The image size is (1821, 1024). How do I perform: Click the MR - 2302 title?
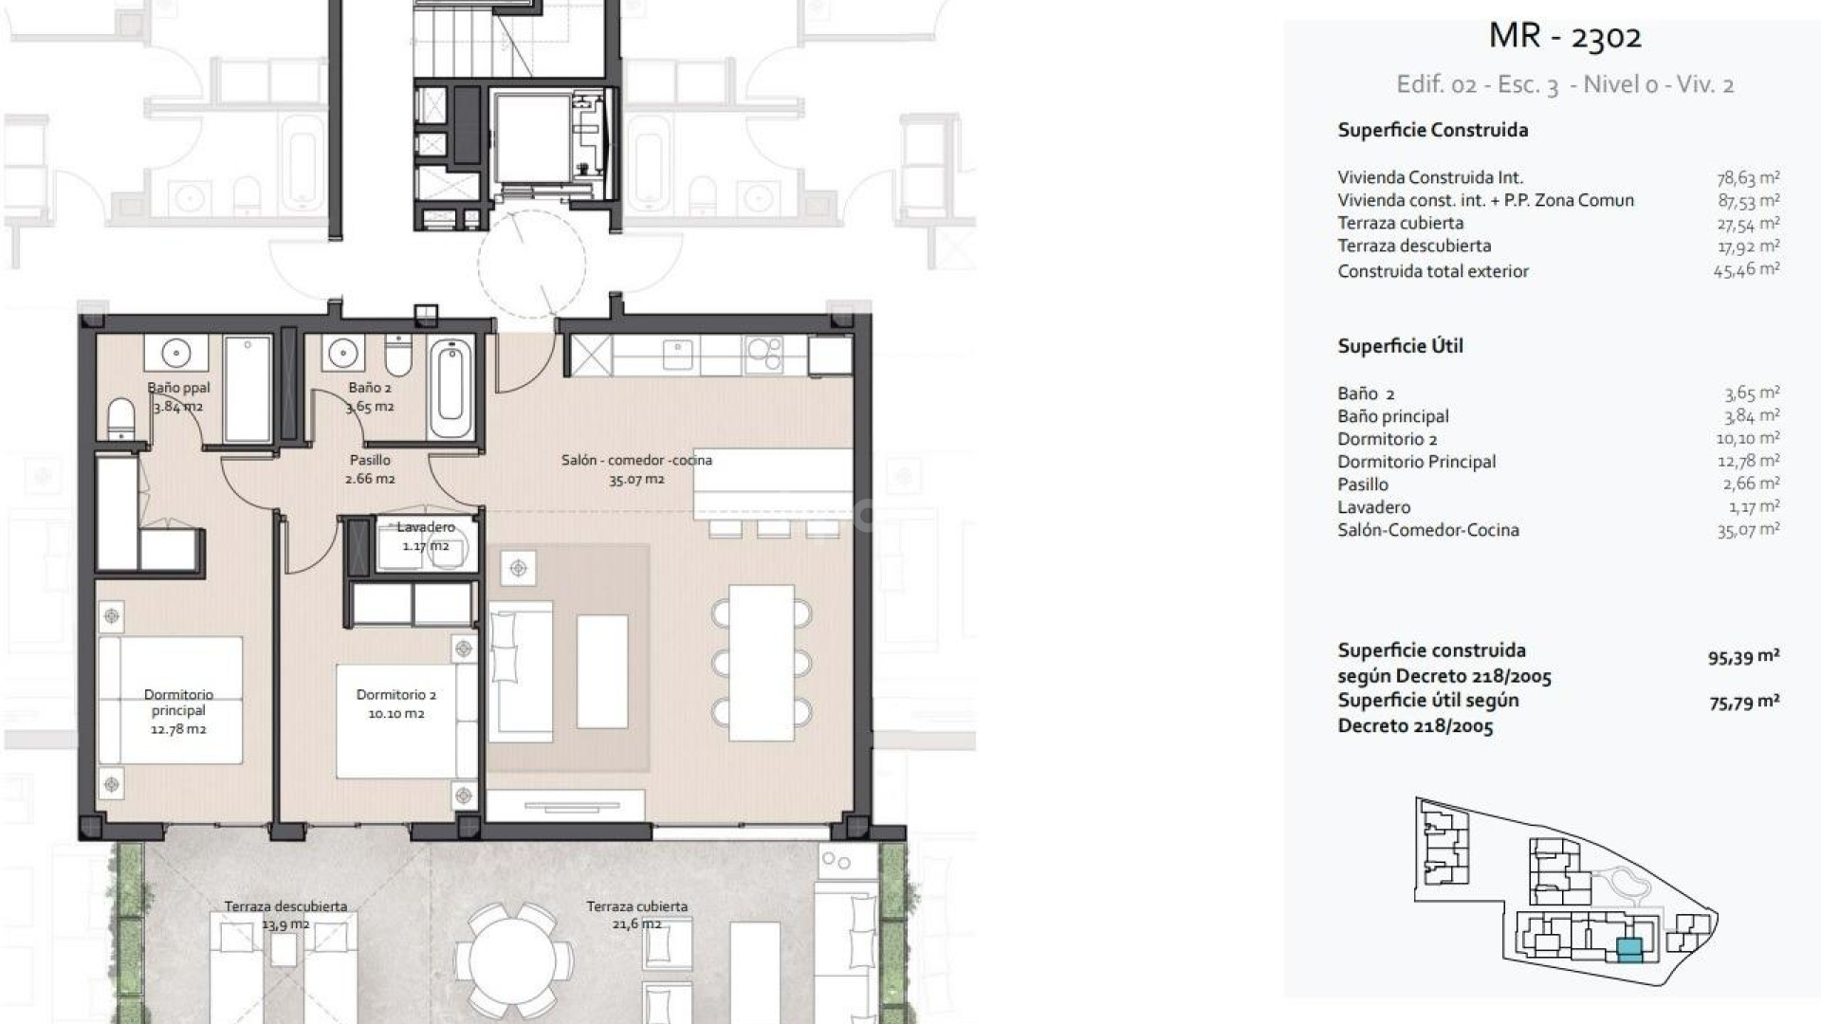click(1565, 36)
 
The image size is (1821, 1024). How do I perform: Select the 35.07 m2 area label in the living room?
click(636, 480)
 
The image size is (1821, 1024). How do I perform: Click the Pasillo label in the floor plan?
click(370, 460)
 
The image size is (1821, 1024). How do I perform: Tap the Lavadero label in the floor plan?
click(426, 527)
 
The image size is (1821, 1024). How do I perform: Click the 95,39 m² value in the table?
click(1743, 657)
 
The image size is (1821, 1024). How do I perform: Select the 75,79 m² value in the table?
click(1743, 703)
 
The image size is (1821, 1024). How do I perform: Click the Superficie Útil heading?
click(1400, 346)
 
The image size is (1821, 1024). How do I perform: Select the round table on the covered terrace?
click(513, 957)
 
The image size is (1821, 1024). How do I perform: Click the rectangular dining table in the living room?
click(762, 663)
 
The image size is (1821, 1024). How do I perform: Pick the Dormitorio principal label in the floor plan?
click(179, 703)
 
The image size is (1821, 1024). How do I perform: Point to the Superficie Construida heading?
click(1432, 130)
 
